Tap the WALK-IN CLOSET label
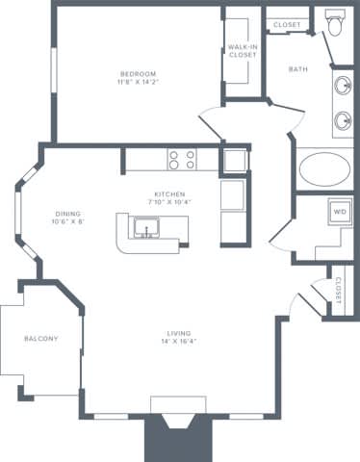[243, 50]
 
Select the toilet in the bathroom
[335, 23]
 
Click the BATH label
[298, 68]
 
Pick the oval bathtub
[325, 169]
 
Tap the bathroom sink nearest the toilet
[344, 86]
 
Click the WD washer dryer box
[340, 211]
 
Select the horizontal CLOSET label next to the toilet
[287, 24]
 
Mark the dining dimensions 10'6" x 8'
[67, 221]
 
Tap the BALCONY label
[40, 338]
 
